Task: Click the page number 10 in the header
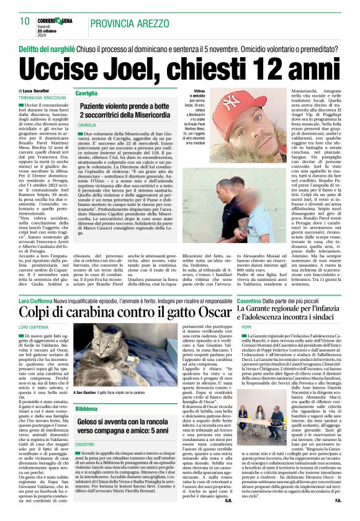point(25,22)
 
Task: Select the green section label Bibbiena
point(86,410)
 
